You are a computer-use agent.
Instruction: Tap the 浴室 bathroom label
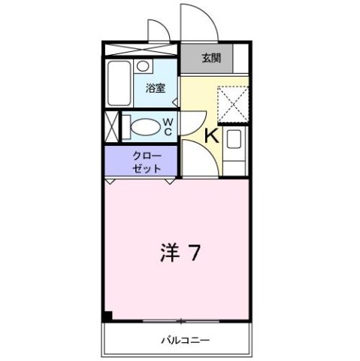155,86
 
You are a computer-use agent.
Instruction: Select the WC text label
168,126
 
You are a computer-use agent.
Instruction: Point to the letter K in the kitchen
211,136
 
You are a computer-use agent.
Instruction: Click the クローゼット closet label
147,162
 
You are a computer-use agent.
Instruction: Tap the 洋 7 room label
180,253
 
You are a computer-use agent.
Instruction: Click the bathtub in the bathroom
120,84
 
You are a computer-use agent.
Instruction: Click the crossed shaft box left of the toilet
110,126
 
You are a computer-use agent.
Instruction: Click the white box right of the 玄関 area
241,58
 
